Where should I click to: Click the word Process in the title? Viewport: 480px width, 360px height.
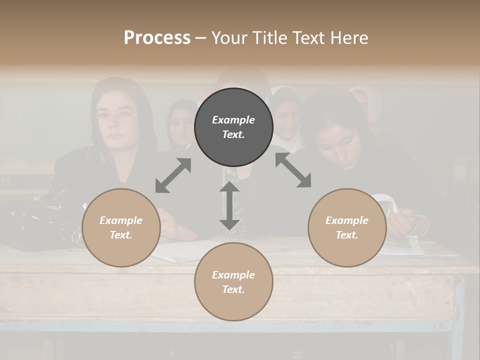click(x=157, y=38)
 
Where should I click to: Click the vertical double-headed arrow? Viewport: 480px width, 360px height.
click(x=229, y=205)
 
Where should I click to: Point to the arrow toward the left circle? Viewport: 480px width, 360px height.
click(x=173, y=175)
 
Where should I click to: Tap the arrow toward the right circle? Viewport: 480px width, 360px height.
click(x=293, y=170)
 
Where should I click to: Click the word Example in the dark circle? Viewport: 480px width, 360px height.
click(x=233, y=120)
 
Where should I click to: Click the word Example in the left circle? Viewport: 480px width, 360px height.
click(x=121, y=220)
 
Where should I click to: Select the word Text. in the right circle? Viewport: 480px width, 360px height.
click(x=347, y=235)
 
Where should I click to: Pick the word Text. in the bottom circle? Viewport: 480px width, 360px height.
click(x=233, y=289)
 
